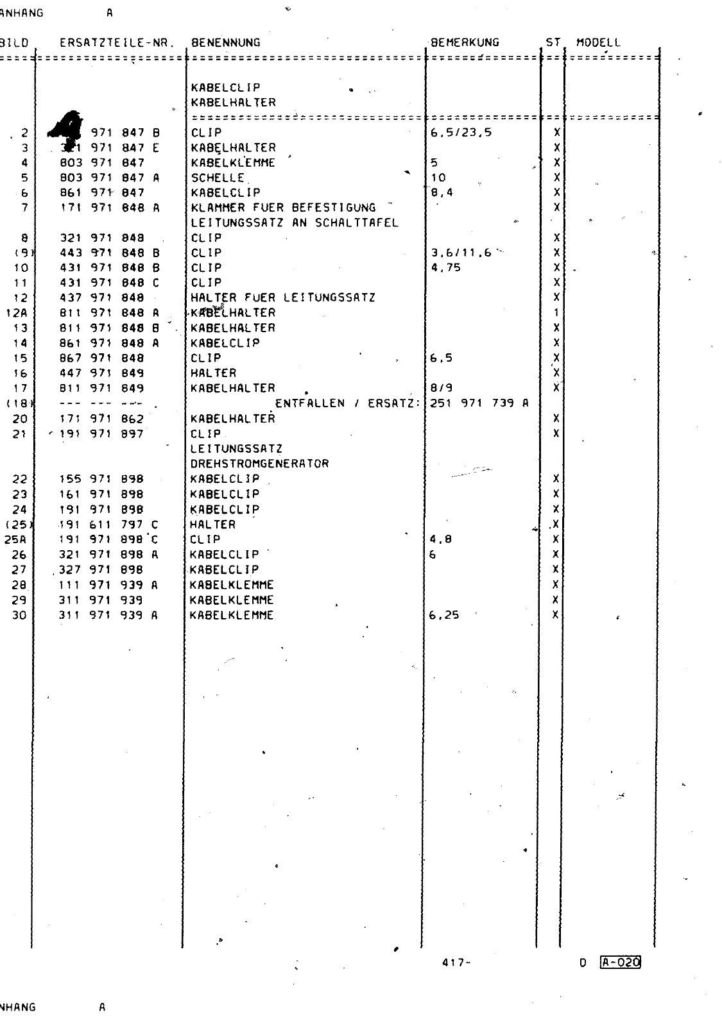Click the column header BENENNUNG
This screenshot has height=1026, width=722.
click(225, 43)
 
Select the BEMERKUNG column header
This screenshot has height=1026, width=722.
click(465, 43)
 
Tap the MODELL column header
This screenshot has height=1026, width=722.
click(599, 43)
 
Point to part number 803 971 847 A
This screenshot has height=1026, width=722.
click(109, 178)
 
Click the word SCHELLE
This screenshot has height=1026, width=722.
click(218, 178)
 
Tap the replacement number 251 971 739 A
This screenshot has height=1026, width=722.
click(479, 403)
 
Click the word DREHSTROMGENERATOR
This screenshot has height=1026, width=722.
click(259, 464)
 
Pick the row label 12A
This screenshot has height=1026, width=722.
click(15, 313)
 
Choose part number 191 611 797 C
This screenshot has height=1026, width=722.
click(108, 525)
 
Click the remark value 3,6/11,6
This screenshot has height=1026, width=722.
click(461, 253)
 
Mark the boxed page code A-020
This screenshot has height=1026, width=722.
click(621, 962)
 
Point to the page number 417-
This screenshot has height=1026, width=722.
click(456, 963)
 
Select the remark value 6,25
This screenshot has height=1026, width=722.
click(444, 615)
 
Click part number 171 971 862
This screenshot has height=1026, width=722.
click(101, 419)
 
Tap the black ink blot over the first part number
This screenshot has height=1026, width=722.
click(68, 125)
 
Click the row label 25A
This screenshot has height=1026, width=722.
click(15, 539)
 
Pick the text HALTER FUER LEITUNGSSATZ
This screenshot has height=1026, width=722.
click(283, 298)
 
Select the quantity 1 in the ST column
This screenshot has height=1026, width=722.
click(556, 313)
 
